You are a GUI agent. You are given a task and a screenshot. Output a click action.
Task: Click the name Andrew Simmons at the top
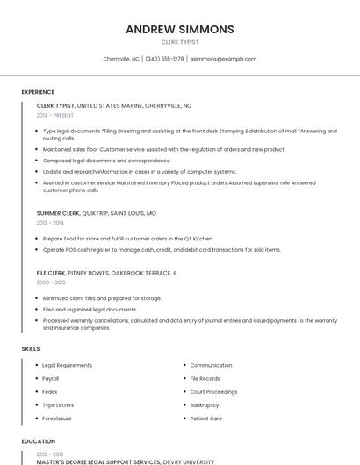180,29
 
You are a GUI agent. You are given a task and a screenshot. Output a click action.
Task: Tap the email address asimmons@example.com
223,59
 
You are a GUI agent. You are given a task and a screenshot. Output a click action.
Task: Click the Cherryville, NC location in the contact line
121,59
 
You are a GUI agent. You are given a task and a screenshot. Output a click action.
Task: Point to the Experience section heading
38,92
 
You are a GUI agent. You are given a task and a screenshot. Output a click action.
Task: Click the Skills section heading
31,349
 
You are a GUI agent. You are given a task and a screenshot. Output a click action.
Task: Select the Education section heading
39,441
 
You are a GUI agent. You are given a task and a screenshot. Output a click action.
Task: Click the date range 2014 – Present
55,115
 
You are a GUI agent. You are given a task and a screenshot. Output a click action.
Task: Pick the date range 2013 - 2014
50,223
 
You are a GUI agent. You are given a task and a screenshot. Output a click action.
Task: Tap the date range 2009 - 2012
51,283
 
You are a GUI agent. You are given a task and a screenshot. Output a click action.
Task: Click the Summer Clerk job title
58,213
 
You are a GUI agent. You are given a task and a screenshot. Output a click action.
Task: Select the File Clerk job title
51,273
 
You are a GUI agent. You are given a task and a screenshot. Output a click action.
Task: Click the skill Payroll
51,378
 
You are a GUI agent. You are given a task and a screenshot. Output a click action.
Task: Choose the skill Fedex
50,391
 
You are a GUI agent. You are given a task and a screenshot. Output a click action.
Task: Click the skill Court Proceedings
213,391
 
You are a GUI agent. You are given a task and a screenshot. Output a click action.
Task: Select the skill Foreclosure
57,418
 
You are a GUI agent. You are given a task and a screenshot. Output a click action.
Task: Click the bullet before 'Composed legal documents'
36,161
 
